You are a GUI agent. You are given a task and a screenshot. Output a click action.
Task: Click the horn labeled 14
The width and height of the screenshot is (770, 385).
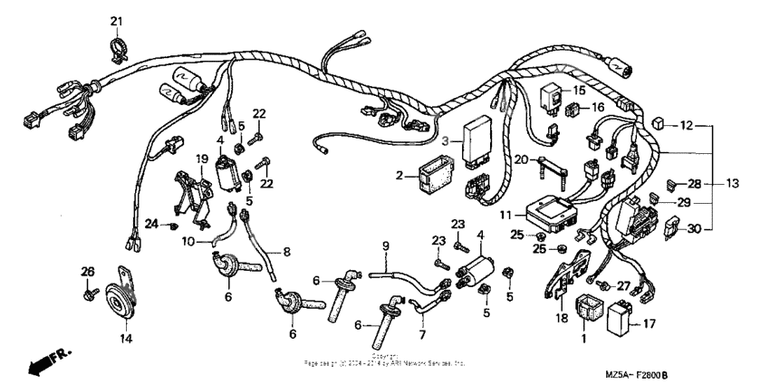point(119,298)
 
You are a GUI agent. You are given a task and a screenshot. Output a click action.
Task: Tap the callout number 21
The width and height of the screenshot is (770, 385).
point(116,20)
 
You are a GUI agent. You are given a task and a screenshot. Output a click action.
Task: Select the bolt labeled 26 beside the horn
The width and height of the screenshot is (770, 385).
point(89,293)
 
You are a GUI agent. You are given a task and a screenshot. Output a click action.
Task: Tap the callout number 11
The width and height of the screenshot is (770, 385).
point(505,216)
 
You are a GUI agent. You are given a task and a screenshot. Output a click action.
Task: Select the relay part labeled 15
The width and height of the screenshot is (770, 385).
point(551,92)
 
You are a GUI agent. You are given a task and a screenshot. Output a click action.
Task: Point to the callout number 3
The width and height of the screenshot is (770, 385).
point(445,142)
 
